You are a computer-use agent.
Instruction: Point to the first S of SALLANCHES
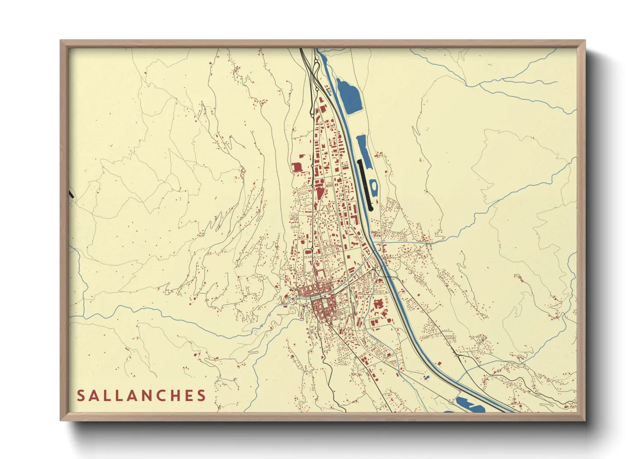pos(81,396)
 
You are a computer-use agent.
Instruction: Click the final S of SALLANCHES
pos(201,396)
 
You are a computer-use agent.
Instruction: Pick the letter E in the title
pos(187,396)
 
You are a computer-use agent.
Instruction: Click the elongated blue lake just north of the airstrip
pos(363,150)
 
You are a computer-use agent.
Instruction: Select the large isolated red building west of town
pos(297,167)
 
